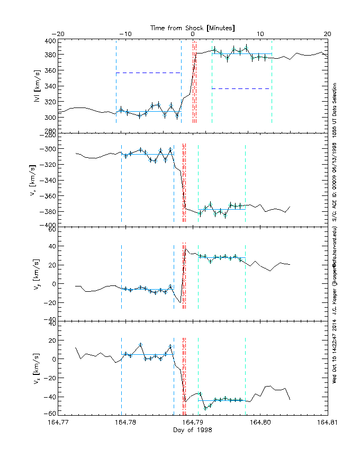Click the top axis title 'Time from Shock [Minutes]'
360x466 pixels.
click(193, 27)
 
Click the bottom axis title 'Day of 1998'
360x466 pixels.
click(193, 430)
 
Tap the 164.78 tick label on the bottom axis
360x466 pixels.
click(127, 423)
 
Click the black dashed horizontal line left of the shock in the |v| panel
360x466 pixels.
click(148, 73)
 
